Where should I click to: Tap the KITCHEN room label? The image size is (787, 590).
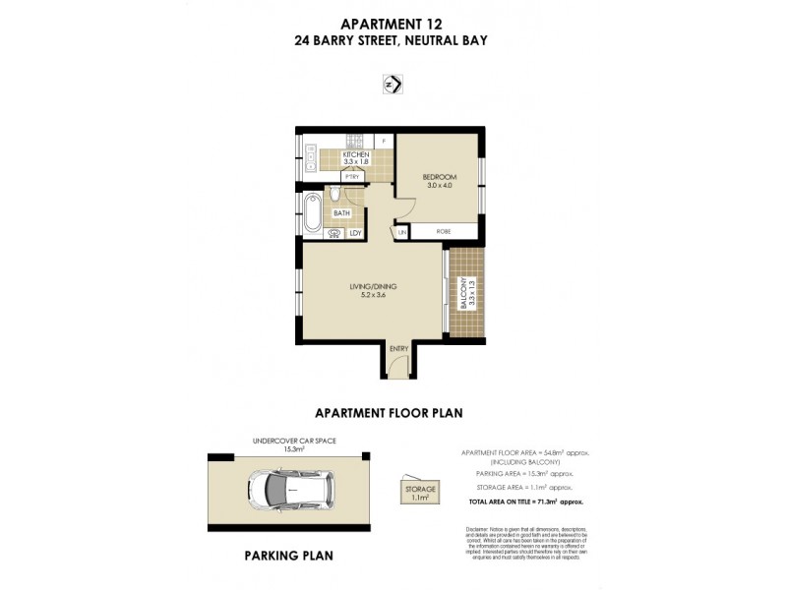click(x=354, y=155)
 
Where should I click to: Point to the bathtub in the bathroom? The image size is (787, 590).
click(x=312, y=212)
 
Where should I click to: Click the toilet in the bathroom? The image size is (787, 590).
click(x=334, y=193)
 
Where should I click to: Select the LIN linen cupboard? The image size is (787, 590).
click(x=401, y=232)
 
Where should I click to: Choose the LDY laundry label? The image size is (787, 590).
click(x=355, y=233)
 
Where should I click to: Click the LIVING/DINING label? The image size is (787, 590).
click(x=372, y=287)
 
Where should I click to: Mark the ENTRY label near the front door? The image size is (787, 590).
click(x=398, y=349)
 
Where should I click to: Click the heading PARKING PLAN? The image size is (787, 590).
click(x=288, y=556)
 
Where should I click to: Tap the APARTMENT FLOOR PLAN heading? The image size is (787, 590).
click(x=388, y=413)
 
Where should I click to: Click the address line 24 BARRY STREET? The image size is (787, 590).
click(x=393, y=41)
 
